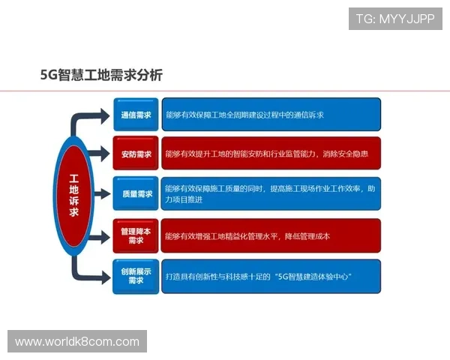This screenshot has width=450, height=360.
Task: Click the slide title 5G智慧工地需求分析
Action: [101, 75]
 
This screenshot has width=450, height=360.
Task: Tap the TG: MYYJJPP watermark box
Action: [395, 19]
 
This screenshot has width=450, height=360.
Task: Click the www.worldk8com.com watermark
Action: [77, 342]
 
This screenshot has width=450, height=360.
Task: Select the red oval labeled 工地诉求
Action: [74, 196]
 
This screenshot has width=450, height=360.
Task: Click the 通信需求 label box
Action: [136, 115]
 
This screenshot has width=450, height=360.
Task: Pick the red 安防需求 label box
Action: [136, 154]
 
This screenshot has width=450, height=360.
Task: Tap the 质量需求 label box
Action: [136, 194]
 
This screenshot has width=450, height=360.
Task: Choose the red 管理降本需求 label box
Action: [136, 235]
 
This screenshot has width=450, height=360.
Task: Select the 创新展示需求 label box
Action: [136, 276]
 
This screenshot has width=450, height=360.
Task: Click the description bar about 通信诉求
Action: [271, 115]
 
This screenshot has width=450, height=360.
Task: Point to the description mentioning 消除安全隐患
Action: [271, 154]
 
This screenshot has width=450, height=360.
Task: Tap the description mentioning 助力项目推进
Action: [271, 194]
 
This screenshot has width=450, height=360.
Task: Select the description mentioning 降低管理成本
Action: [271, 235]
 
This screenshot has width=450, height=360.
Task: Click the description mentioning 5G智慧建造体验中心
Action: [271, 276]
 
